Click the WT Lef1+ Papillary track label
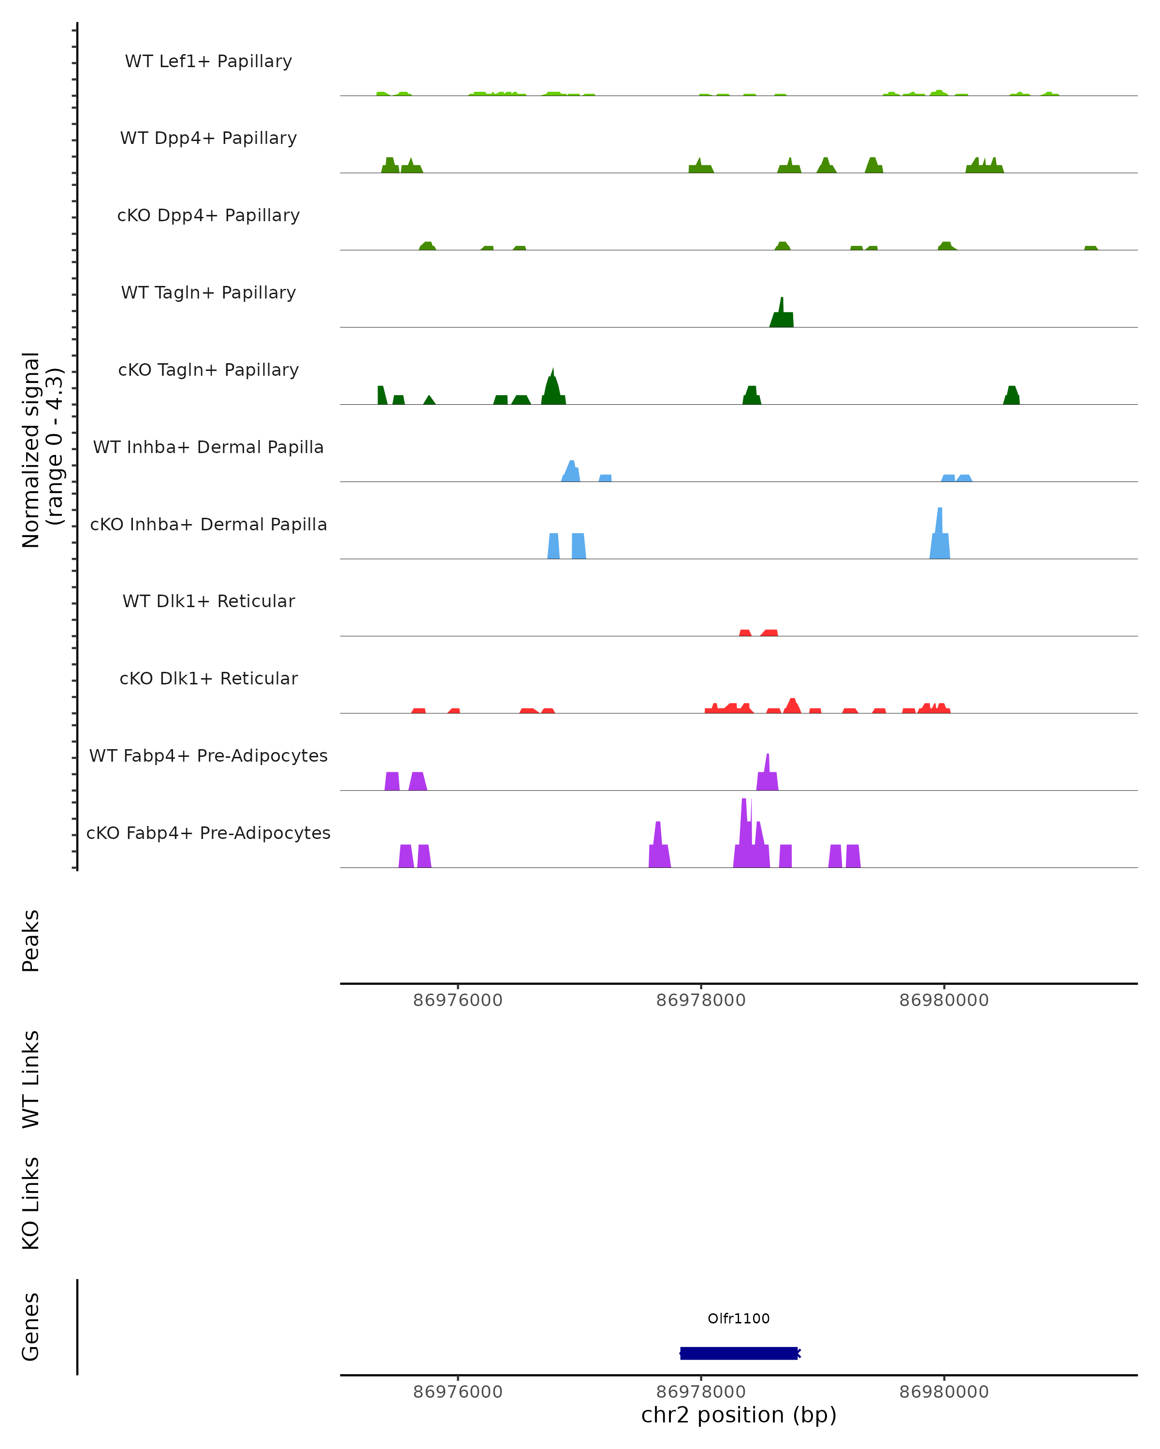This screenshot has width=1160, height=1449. pyautogui.click(x=208, y=62)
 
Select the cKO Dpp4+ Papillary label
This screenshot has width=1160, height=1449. pyautogui.click(x=208, y=216)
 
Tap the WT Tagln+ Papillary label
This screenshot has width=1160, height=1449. pyautogui.click(x=208, y=293)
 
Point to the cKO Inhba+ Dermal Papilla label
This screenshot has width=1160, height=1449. pyautogui.click(x=208, y=525)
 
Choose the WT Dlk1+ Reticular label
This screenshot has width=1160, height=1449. pyautogui.click(x=208, y=601)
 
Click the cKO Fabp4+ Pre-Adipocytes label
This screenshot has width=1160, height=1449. pyautogui.click(x=208, y=833)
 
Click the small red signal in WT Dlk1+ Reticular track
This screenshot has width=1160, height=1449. pyautogui.click(x=768, y=633)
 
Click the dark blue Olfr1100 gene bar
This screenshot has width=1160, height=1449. pyautogui.click(x=739, y=1353)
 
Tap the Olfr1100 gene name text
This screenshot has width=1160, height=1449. pyautogui.click(x=739, y=1319)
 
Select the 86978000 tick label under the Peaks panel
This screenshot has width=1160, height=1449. pyautogui.click(x=701, y=1001)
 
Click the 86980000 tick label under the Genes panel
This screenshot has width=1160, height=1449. pyautogui.click(x=943, y=1392)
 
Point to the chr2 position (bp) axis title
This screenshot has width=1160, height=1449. pyautogui.click(x=739, y=1415)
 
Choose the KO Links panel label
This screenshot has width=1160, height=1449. pyautogui.click(x=31, y=1203)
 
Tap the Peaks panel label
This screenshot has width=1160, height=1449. pyautogui.click(x=31, y=940)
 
